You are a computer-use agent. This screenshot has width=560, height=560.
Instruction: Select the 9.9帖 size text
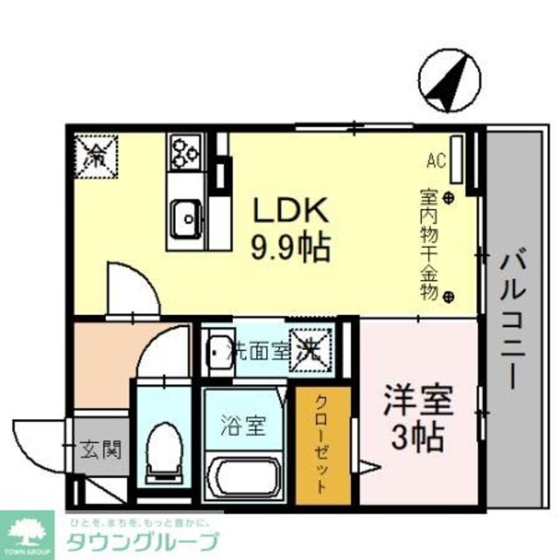coord(291,248)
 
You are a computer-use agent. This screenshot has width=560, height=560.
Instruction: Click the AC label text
coord(436,160)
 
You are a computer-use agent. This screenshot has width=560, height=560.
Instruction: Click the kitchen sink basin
coord(185,215)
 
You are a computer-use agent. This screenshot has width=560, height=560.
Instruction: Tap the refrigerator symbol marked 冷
coord(94,154)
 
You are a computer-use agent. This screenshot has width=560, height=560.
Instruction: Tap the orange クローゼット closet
coord(322,446)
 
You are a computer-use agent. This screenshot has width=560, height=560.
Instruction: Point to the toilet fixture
coord(163,446)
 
